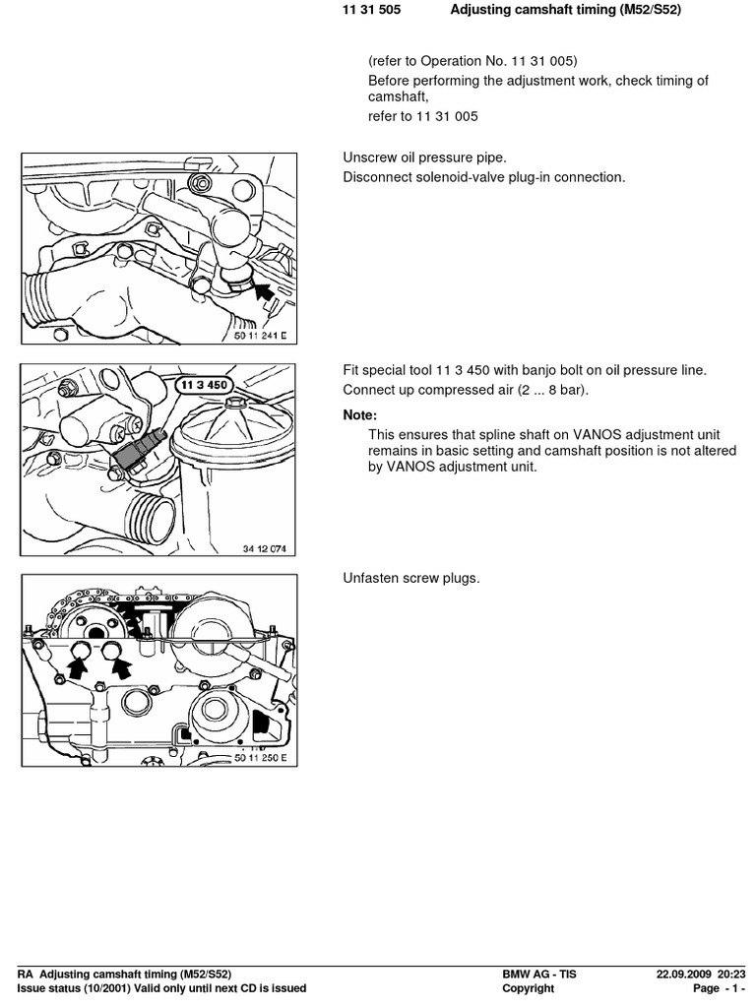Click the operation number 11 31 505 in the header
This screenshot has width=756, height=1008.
point(372,10)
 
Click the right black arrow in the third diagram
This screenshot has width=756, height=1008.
point(121,670)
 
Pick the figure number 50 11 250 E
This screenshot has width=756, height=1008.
point(261,758)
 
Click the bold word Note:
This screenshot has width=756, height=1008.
point(359,415)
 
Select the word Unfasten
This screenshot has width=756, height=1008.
point(371,578)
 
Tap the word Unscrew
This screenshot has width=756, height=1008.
point(370,157)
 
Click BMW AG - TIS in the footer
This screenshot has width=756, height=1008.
point(539,975)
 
